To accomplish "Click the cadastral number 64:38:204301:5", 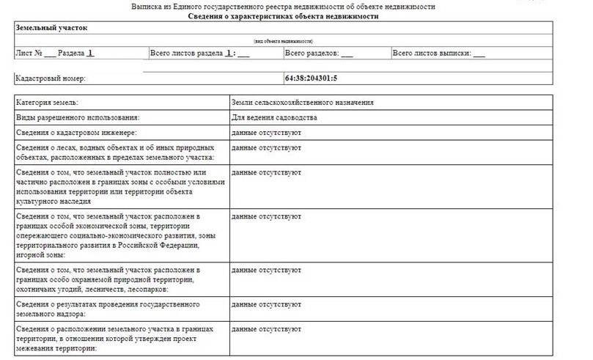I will pos(311,78).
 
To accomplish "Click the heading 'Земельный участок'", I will pos(48,29).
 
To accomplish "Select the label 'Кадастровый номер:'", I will pos(51,78).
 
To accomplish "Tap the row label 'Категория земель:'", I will pos(47,103).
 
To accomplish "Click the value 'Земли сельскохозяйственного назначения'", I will pos(302,103).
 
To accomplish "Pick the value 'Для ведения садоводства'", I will pos(274,117).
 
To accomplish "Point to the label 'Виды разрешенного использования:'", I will pos(77,117).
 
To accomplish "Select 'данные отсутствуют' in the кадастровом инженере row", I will pos(265,133).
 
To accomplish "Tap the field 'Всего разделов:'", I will pos(312,54).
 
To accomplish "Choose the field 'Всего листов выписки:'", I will pos(431,54).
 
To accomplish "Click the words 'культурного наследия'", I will pos(52,201).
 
